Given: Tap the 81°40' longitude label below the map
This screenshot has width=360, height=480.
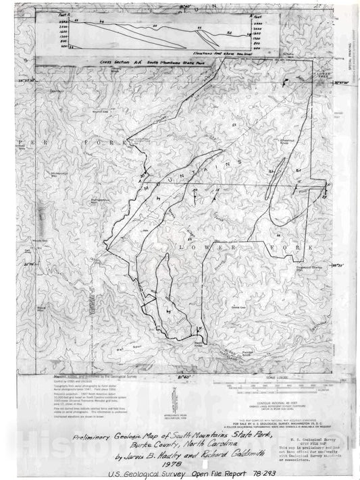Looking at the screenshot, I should pos(183,372).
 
